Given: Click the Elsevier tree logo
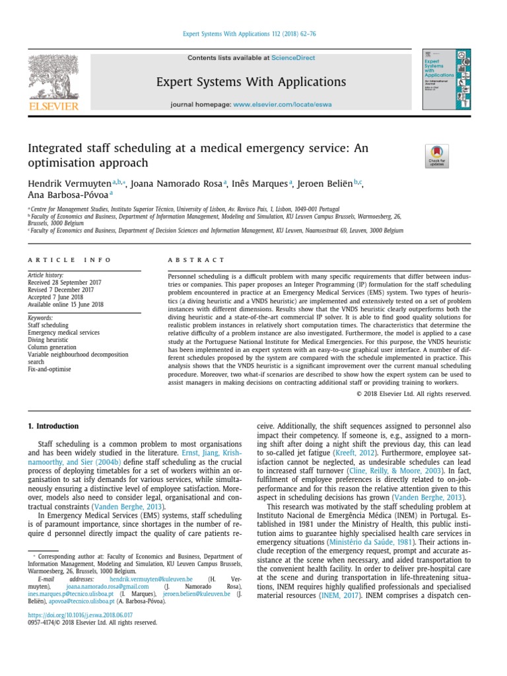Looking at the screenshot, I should pyautogui.click(x=53, y=79).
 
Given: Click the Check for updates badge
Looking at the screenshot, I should pyautogui.click(x=437, y=155).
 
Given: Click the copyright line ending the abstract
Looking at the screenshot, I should pyautogui.click(x=413, y=393).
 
